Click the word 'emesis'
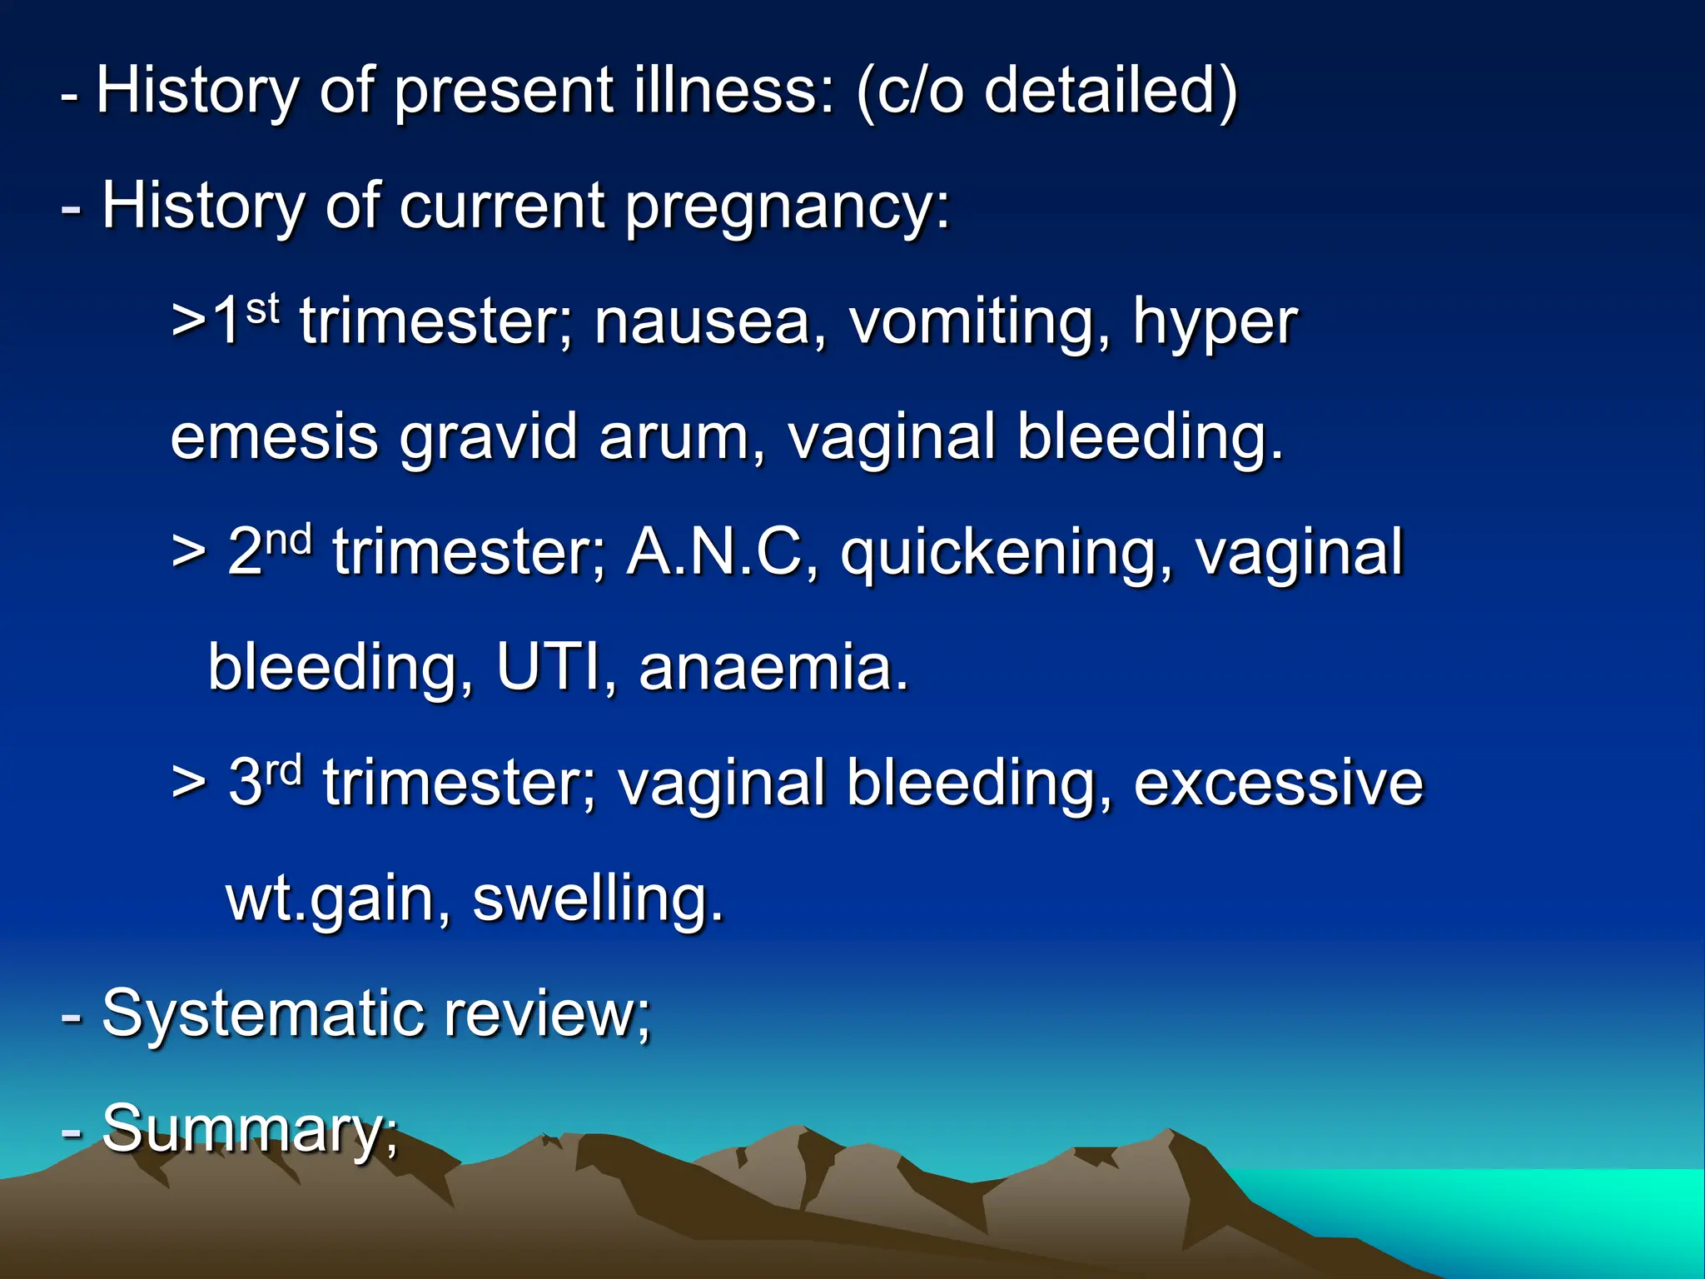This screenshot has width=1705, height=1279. pyautogui.click(x=274, y=437)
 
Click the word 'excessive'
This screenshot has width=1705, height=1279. pyautogui.click(x=1279, y=783)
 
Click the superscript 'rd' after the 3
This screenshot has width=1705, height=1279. pyautogui.click(x=283, y=770)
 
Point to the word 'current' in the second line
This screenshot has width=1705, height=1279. pyautogui.click(x=502, y=207)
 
